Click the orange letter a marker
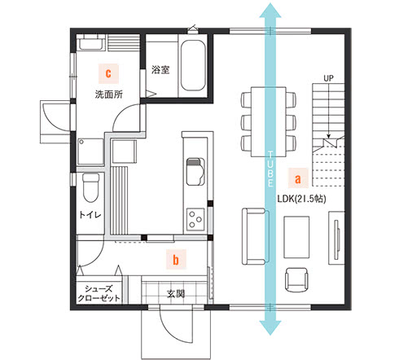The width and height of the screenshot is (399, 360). coord(298,178)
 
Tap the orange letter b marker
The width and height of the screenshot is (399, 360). coord(176,260)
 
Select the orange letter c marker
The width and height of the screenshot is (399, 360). coord(108,73)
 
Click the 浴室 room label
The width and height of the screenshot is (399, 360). coord(160,70)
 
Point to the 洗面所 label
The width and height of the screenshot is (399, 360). coord(109,94)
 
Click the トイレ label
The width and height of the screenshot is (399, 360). coord(90,215)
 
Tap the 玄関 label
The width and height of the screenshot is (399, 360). coord(176,293)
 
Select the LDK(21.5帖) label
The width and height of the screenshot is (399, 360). coord(301,199)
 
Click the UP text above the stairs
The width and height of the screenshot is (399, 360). coord(328,78)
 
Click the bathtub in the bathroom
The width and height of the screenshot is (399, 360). coord(193,66)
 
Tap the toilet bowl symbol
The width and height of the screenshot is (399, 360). coord(90,187)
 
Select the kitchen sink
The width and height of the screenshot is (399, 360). coord(195,172)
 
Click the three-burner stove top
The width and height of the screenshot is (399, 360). coord(195,219)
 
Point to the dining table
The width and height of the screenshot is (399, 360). coord(268,121)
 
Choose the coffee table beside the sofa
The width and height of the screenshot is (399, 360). coord(296,237)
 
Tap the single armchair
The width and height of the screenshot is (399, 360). coord(296,279)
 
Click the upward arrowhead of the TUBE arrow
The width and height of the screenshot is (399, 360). coord(270,11)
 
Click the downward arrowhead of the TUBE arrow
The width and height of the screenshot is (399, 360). coord(270,327)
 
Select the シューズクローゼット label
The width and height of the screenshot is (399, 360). coord(99,293)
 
